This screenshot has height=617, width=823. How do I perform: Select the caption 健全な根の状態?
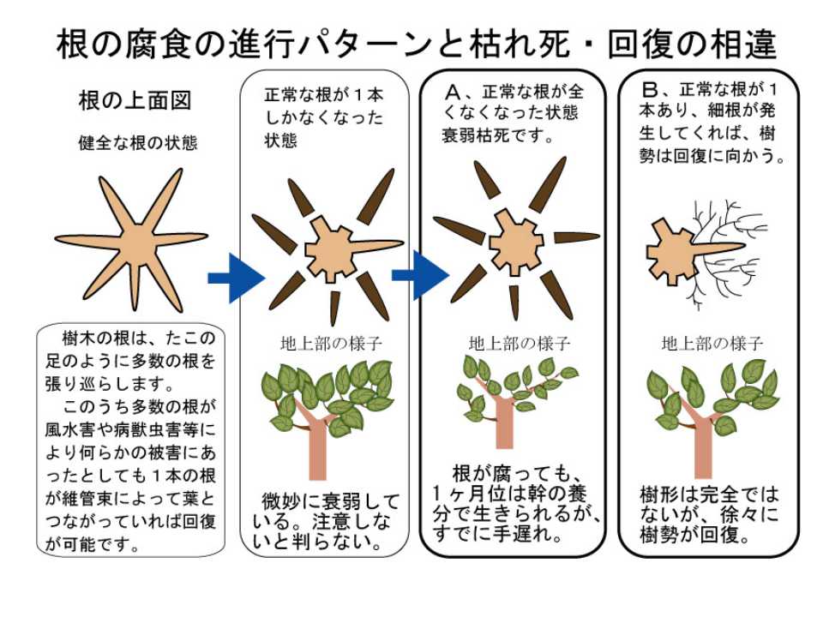pyautogui.click(x=137, y=143)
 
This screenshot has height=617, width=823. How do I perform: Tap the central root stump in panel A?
pyautogui.click(x=514, y=244)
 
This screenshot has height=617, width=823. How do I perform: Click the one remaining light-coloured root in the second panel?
pyautogui.click(x=373, y=244)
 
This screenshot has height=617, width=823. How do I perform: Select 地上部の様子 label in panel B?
pyautogui.click(x=712, y=344)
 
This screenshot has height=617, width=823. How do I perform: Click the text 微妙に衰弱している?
pyautogui.click(x=331, y=500)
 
